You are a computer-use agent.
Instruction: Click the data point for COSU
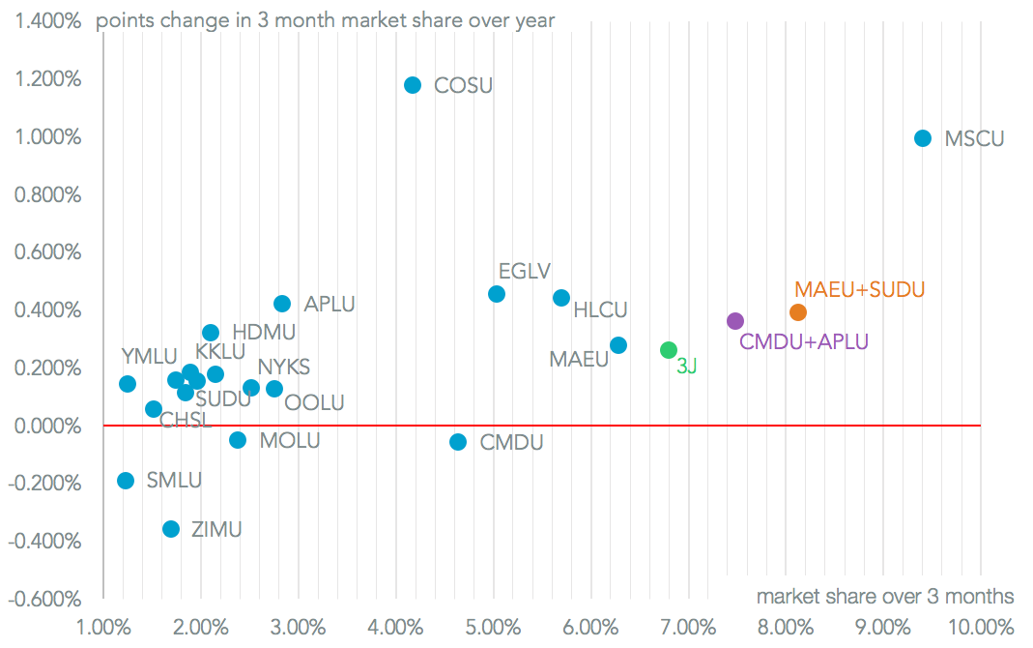click(x=413, y=85)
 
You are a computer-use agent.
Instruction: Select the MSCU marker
click(x=923, y=138)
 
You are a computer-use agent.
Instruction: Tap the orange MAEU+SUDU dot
click(x=798, y=312)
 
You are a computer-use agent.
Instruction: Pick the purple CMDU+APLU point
click(x=735, y=321)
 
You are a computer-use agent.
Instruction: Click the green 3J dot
click(x=669, y=350)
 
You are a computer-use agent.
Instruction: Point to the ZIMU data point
click(x=171, y=529)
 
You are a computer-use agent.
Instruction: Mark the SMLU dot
click(x=126, y=481)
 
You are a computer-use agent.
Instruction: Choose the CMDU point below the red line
click(x=458, y=442)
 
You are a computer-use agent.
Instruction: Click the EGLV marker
click(x=497, y=294)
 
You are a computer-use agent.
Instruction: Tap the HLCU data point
click(x=561, y=298)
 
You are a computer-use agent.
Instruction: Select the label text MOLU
click(x=290, y=441)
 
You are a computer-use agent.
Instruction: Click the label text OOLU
click(x=315, y=403)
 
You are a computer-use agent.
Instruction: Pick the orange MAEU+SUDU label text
click(x=860, y=289)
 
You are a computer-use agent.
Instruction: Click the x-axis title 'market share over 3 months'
click(x=885, y=596)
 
